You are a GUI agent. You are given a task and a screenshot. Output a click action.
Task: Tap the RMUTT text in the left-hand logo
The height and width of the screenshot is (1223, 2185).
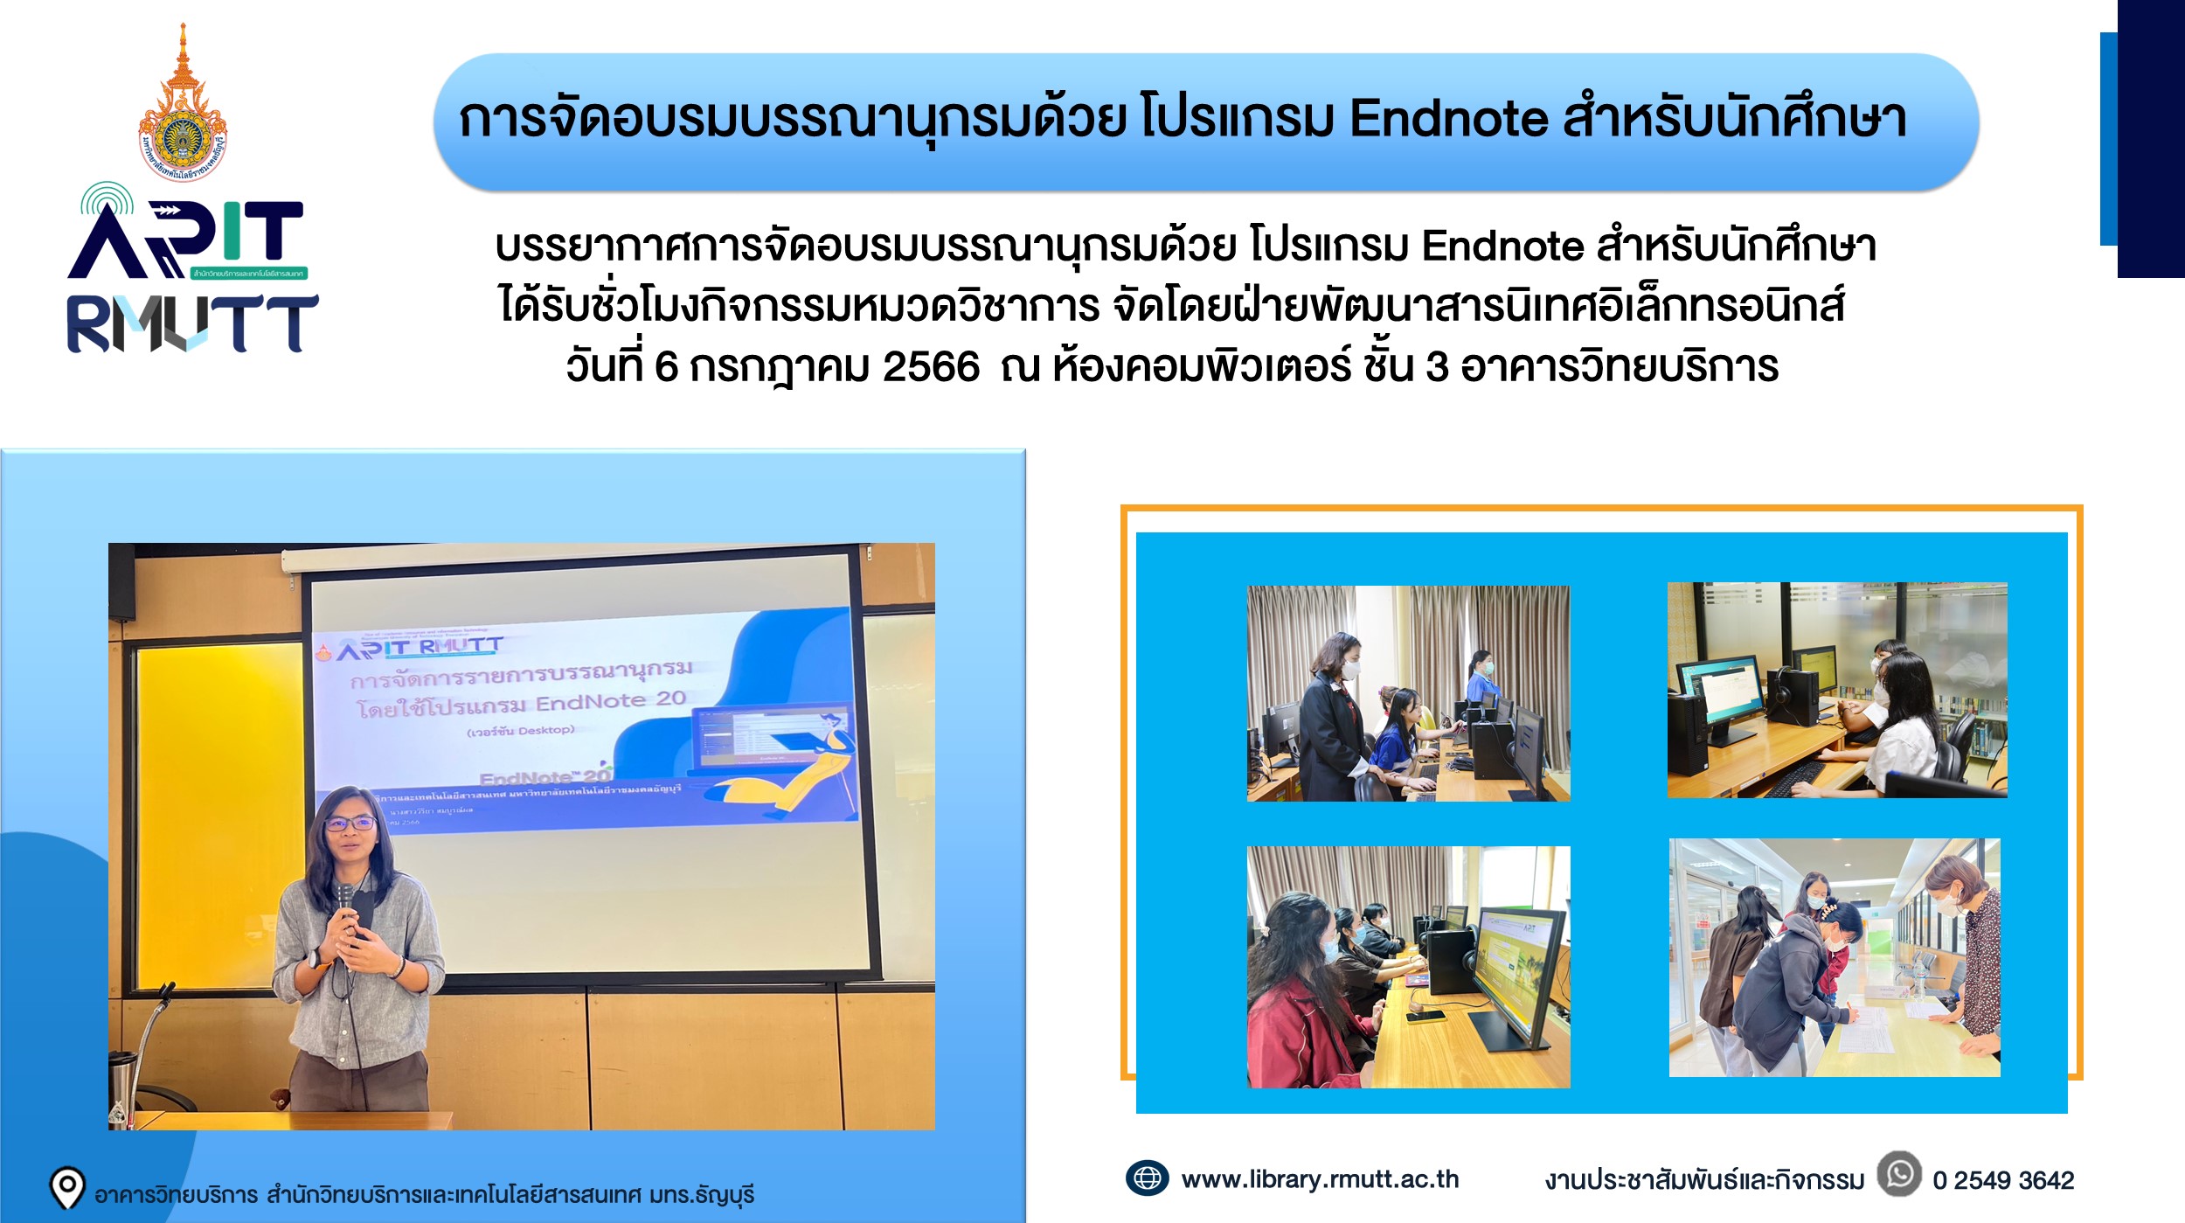[192, 323]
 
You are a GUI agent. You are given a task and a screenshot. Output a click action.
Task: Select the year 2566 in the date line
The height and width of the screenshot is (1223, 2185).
[931, 366]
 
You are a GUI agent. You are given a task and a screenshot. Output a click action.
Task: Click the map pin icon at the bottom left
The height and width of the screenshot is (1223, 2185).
[67, 1187]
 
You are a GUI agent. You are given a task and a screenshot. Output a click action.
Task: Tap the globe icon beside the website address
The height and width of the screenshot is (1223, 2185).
[1147, 1178]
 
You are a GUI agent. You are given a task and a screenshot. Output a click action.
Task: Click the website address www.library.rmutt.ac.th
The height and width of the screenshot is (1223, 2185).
[1320, 1179]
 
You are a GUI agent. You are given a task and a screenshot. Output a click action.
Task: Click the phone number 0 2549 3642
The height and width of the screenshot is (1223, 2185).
[2003, 1180]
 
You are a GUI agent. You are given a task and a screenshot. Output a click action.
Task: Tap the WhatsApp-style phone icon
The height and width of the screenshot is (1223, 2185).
[1899, 1174]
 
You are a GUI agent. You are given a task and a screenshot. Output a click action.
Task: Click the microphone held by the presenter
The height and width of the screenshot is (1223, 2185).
[345, 900]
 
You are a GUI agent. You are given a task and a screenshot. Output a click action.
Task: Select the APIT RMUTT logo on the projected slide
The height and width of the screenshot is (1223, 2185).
[420, 648]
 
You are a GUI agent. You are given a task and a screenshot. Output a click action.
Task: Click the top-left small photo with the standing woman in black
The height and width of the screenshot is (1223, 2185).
[1408, 693]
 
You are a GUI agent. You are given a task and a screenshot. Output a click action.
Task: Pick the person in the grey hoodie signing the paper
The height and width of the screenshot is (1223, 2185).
[1783, 988]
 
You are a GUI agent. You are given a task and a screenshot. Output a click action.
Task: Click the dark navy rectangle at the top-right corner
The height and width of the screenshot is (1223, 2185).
[2151, 140]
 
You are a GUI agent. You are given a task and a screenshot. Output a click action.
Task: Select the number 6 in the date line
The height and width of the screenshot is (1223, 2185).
[666, 366]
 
